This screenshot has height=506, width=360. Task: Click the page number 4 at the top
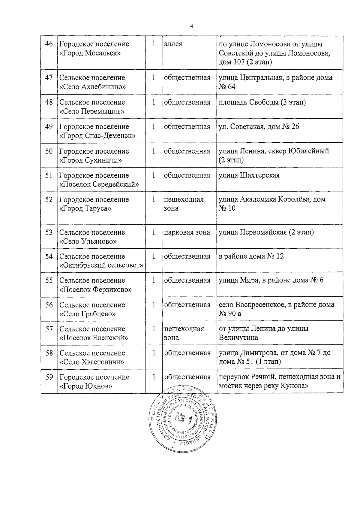pyautogui.click(x=191, y=26)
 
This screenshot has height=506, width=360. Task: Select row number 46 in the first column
pyautogui.click(x=49, y=44)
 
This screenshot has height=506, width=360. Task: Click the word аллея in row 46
pyautogui.click(x=173, y=44)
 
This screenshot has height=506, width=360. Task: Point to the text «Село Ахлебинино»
pyautogui.click(x=93, y=87)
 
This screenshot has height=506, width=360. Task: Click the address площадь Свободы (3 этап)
pyautogui.click(x=262, y=102)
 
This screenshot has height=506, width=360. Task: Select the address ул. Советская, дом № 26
pyautogui.click(x=259, y=127)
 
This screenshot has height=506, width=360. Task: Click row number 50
pyautogui.click(x=49, y=151)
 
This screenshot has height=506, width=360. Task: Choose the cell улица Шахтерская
pyautogui.click(x=249, y=175)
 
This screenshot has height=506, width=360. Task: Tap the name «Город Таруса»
pyautogui.click(x=85, y=208)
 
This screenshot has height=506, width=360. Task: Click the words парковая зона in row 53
pyautogui.click(x=187, y=232)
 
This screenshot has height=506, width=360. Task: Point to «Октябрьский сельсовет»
pyautogui.click(x=101, y=265)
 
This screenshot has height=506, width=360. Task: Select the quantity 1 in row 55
pyautogui.click(x=154, y=280)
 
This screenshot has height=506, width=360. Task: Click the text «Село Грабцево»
pyautogui.click(x=88, y=314)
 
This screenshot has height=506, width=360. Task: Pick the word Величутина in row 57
pyautogui.click(x=238, y=338)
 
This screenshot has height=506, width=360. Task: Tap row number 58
pyautogui.click(x=49, y=353)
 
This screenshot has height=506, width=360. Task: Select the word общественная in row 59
pyautogui.click(x=187, y=377)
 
